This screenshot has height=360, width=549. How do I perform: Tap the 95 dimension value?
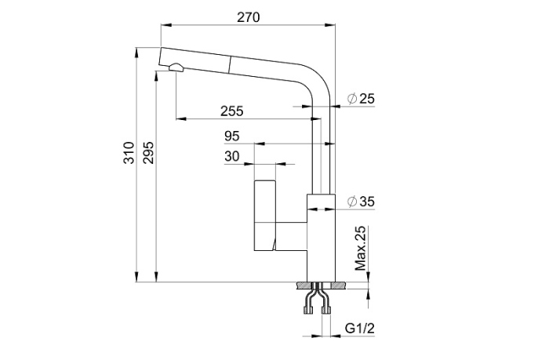click(x=231, y=135)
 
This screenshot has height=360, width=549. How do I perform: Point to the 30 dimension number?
click(x=231, y=155)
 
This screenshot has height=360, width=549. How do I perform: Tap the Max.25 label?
click(x=360, y=248)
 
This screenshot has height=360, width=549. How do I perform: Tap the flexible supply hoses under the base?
click(x=318, y=299)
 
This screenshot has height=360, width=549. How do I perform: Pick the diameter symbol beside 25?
click(x=351, y=98)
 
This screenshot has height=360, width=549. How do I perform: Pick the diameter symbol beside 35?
click(x=351, y=202)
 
